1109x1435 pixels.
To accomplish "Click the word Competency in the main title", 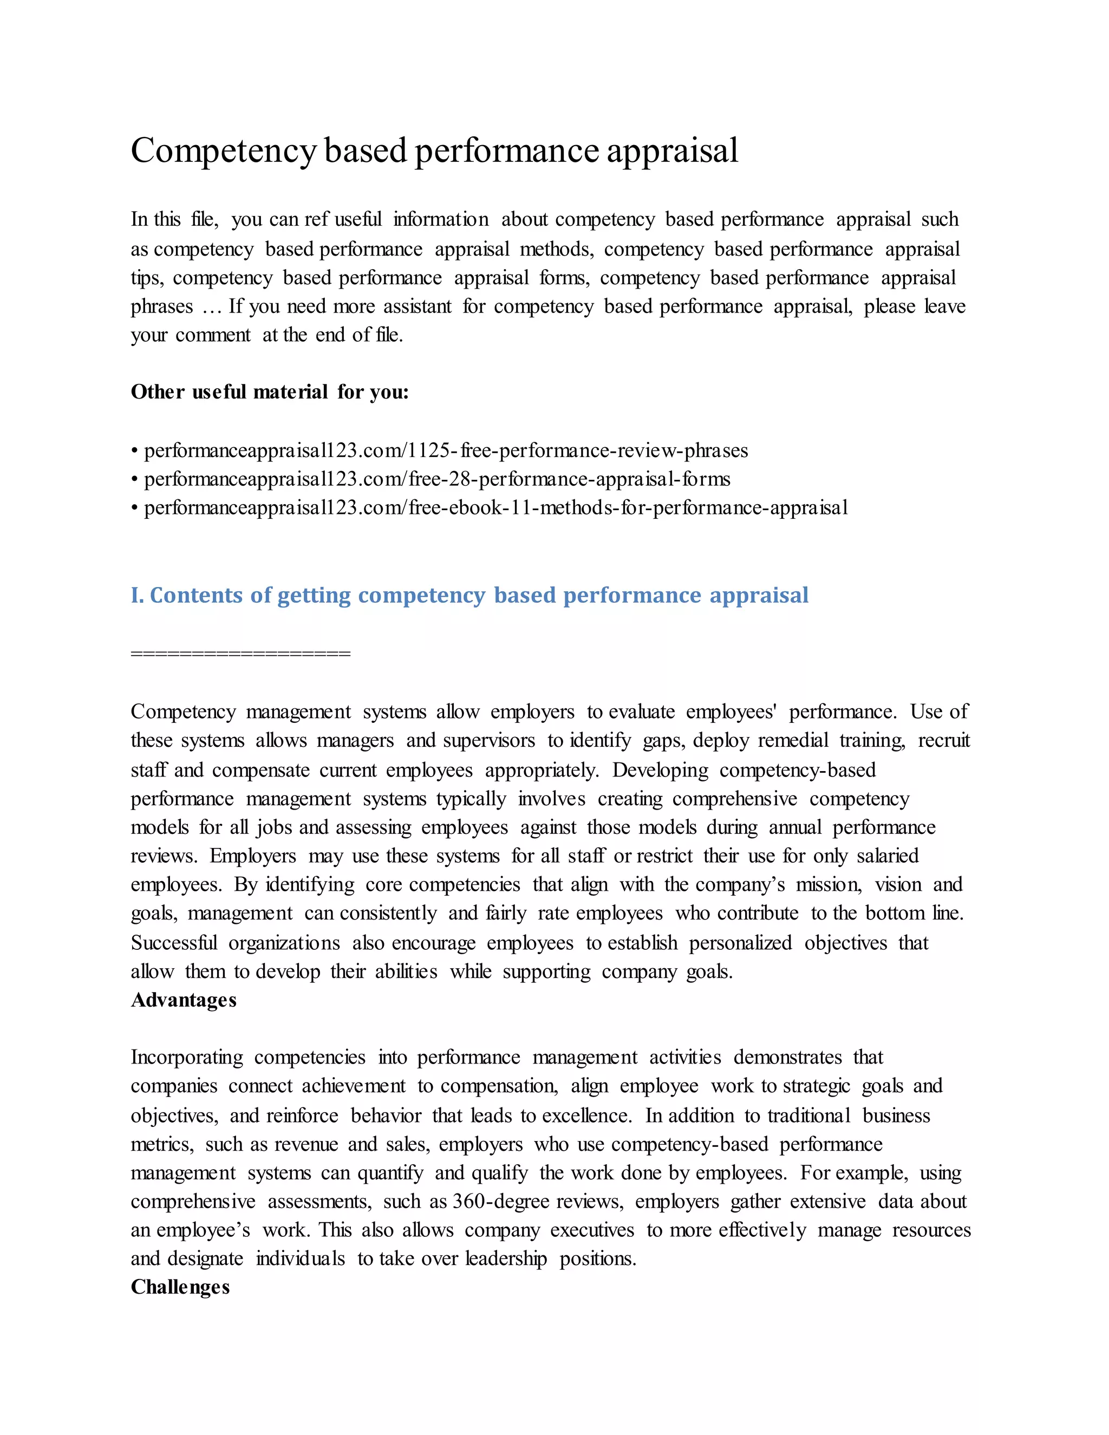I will pyautogui.click(x=224, y=151).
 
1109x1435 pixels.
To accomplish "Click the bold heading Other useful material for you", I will pyautogui.click(x=269, y=392).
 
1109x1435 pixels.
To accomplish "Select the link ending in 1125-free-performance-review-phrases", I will pyautogui.click(x=446, y=451).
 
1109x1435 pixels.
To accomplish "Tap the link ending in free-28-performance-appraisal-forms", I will pyautogui.click(x=437, y=479).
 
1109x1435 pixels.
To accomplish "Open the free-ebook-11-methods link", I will pyautogui.click(x=496, y=508).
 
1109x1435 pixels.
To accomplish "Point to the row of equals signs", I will pyautogui.click(x=240, y=654).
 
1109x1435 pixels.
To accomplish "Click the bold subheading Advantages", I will pyautogui.click(x=184, y=1000).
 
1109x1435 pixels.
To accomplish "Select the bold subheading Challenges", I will pyautogui.click(x=180, y=1287).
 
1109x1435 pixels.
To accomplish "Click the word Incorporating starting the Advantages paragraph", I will pyautogui.click(x=187, y=1058).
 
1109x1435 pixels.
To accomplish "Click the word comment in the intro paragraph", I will pyautogui.click(x=213, y=335).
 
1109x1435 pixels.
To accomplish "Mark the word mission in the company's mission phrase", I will pyautogui.click(x=827, y=885).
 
